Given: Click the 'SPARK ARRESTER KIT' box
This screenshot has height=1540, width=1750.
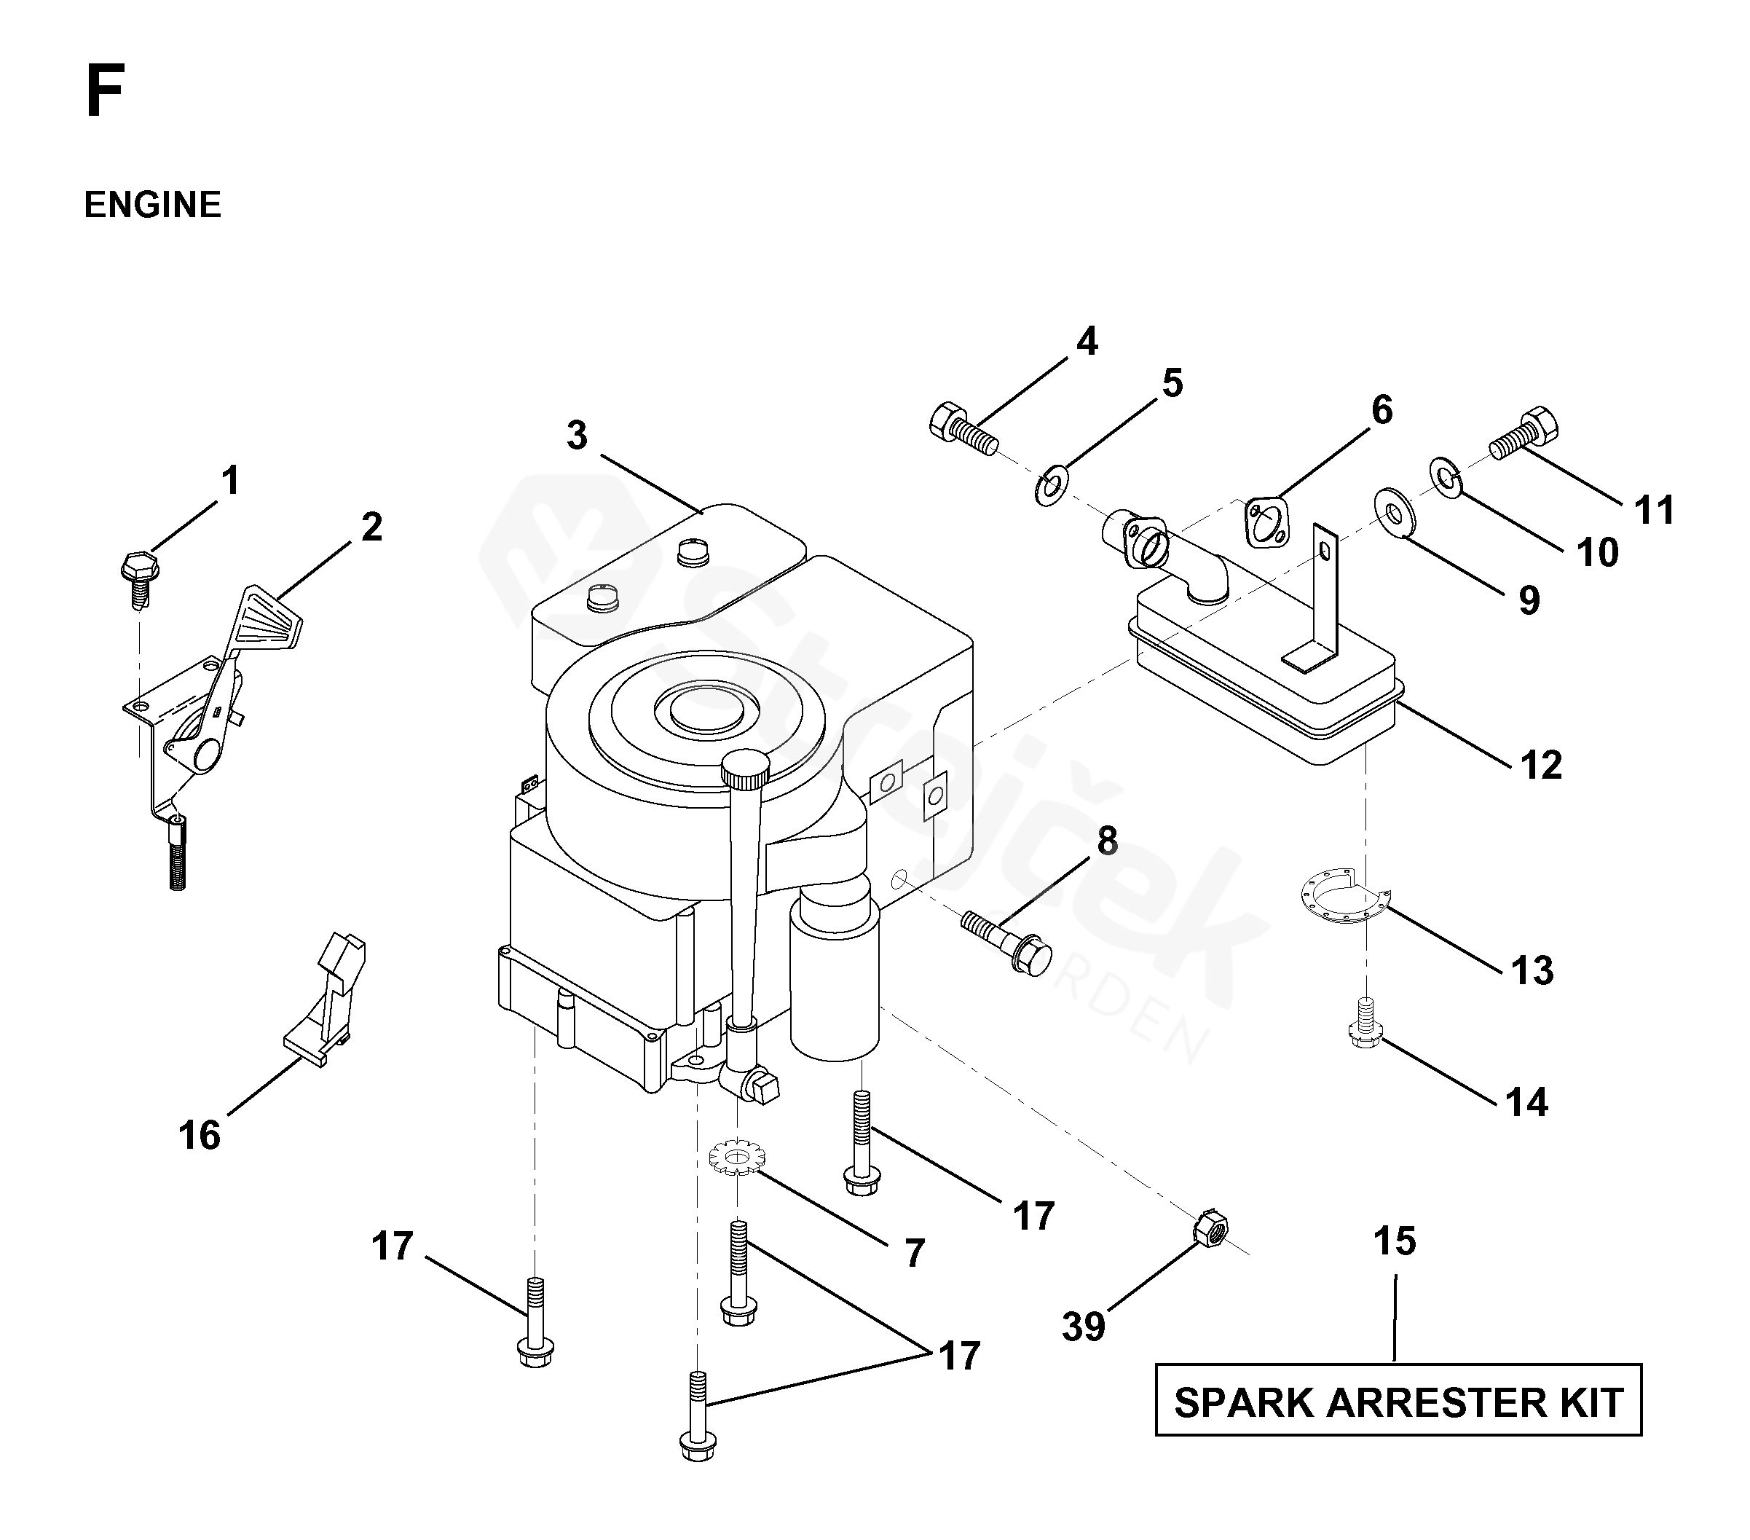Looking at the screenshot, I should pyautogui.click(x=1398, y=1403).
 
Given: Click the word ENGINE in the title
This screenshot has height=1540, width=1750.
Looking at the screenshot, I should pyautogui.click(x=152, y=205).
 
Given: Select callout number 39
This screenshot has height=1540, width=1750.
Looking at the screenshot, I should pyautogui.click(x=1083, y=1327).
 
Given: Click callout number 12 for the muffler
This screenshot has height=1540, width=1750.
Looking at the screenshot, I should pyautogui.click(x=1541, y=765).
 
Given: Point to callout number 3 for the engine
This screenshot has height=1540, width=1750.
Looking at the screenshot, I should pyautogui.click(x=577, y=436).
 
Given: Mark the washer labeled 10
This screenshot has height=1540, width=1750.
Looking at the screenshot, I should pyautogui.click(x=1445, y=476).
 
